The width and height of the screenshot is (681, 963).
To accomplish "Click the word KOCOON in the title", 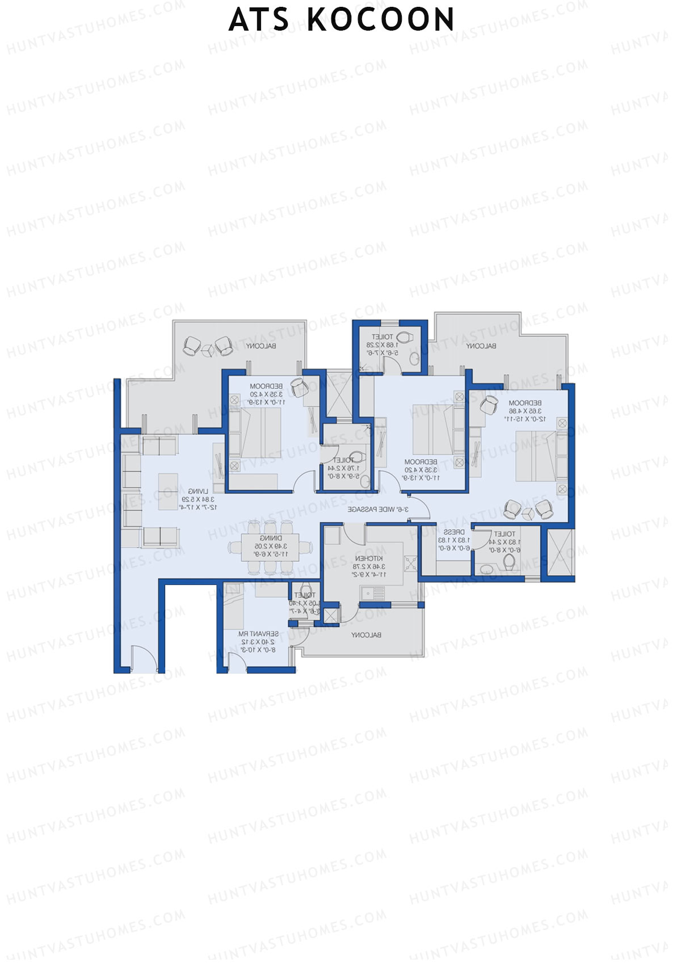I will [x=381, y=20].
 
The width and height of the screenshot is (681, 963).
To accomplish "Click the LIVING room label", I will [x=198, y=491].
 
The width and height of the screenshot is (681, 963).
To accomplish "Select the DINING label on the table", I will [x=271, y=538].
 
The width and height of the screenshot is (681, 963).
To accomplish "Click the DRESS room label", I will [x=454, y=532].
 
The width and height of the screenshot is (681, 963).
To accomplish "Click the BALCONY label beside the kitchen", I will [x=366, y=635].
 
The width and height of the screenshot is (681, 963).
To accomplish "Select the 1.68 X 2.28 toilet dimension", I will [x=382, y=344].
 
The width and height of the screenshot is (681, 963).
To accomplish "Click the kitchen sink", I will [x=374, y=593].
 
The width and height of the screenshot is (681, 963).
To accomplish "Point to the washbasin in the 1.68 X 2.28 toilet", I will [x=415, y=359].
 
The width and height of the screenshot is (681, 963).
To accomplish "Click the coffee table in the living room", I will [x=168, y=491].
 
